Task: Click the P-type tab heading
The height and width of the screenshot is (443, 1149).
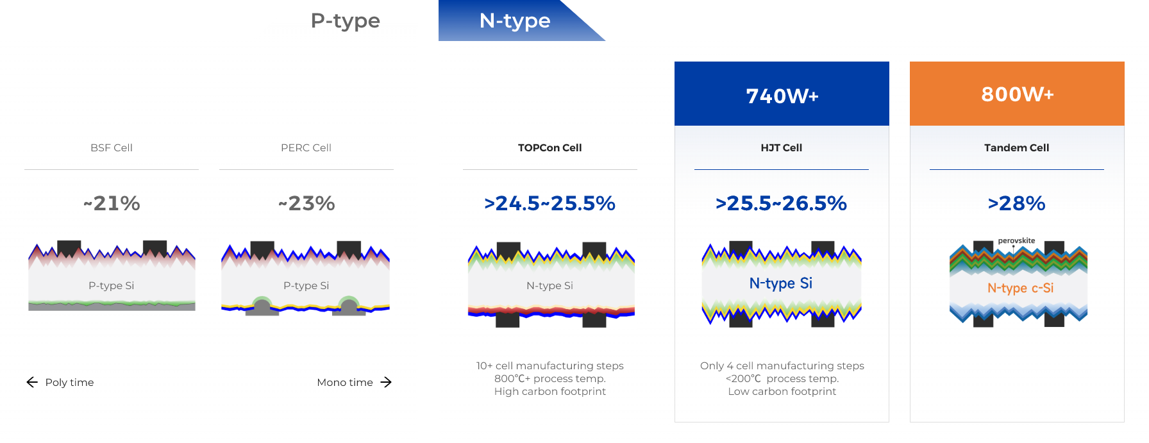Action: tap(345, 21)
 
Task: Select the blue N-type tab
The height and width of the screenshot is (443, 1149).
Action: tap(515, 21)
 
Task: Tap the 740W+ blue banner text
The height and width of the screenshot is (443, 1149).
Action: tap(782, 96)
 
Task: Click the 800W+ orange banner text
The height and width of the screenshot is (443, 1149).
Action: tap(1018, 94)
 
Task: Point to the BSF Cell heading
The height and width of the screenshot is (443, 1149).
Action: tap(112, 147)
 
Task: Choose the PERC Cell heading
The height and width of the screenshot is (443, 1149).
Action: tap(306, 147)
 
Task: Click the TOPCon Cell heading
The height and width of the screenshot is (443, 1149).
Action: tap(550, 147)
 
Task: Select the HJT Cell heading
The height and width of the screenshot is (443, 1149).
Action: tap(782, 147)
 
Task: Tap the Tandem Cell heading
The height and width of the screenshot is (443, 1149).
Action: tap(1017, 147)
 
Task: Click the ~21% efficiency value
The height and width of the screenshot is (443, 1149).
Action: tap(112, 203)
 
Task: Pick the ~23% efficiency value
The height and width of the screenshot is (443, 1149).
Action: tap(306, 203)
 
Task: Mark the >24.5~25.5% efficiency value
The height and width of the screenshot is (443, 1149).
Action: tap(550, 203)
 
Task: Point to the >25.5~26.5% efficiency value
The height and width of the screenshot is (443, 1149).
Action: tap(782, 203)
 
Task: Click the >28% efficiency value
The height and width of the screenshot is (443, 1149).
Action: tap(1017, 203)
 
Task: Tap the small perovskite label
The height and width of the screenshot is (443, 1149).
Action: tap(1016, 240)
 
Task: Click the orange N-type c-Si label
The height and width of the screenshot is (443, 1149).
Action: tap(1021, 288)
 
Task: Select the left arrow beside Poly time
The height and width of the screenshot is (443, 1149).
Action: tap(32, 382)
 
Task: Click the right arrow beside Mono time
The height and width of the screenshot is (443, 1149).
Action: tap(386, 382)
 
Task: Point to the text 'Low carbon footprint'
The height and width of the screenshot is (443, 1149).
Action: tap(782, 391)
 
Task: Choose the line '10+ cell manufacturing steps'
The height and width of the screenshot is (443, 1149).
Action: tap(550, 365)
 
